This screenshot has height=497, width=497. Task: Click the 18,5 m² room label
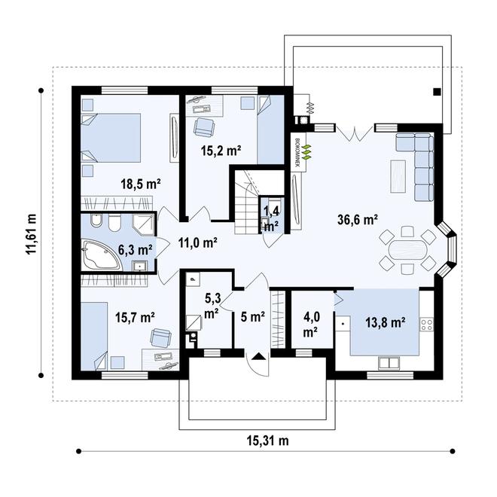(141, 184)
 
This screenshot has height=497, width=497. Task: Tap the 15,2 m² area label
(221, 151)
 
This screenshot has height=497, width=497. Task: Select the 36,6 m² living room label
(357, 219)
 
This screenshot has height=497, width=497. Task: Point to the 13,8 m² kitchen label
(385, 322)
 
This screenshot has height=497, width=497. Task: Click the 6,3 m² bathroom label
(135, 250)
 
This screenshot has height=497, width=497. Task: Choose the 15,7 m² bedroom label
(135, 317)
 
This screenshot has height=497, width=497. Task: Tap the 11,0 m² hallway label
(197, 242)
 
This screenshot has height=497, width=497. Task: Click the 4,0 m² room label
(312, 325)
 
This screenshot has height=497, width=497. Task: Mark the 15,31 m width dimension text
(267, 441)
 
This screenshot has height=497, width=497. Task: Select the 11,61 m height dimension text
(31, 234)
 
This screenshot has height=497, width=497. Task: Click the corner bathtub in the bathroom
(100, 255)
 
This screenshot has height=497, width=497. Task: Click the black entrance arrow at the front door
(258, 356)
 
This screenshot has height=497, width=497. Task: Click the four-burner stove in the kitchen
(426, 325)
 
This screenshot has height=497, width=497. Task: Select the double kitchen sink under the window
(389, 363)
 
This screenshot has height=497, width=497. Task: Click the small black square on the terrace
(437, 92)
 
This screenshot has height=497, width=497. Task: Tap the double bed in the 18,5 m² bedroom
(111, 138)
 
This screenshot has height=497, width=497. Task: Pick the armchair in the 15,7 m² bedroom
(160, 337)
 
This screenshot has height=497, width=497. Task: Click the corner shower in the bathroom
(143, 224)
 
